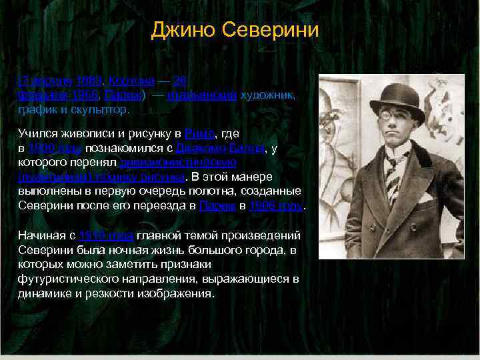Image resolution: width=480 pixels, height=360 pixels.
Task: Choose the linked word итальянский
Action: tap(202, 95)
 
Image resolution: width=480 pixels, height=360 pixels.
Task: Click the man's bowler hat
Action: tap(397, 100)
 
